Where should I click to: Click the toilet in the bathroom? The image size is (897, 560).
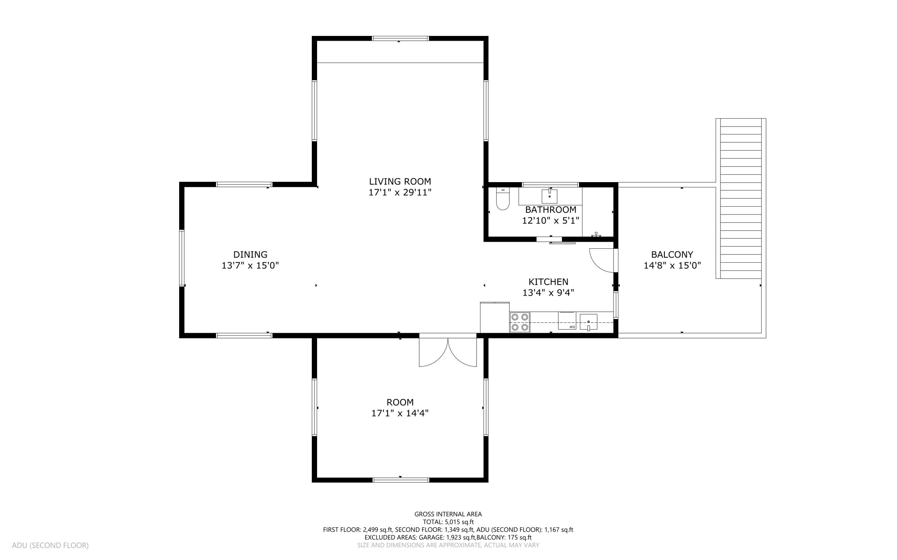click(x=502, y=200)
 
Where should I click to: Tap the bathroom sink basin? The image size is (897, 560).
click(x=549, y=196)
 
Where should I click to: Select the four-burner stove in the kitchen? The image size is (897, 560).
click(x=519, y=322)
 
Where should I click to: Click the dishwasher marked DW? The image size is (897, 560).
click(x=567, y=321)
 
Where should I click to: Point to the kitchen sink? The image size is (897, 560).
click(x=588, y=322)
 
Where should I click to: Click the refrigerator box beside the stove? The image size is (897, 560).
click(x=494, y=317)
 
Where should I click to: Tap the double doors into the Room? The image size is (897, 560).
click(x=448, y=351)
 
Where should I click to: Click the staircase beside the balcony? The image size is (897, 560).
click(x=741, y=198)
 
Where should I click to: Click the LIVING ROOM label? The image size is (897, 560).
click(x=399, y=181)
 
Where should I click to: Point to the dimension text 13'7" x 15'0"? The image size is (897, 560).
click(x=250, y=265)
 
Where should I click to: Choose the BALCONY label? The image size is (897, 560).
click(x=672, y=254)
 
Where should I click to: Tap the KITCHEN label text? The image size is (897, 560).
click(x=548, y=282)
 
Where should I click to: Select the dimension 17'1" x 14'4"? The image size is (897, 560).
click(x=399, y=413)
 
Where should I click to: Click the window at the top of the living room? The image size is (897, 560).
click(x=400, y=39)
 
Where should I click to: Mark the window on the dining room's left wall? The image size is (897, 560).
click(x=182, y=258)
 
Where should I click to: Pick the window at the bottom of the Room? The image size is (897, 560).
click(x=400, y=480)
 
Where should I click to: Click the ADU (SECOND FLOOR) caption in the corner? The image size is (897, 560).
click(x=50, y=545)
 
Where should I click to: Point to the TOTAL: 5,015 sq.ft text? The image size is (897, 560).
click(x=448, y=522)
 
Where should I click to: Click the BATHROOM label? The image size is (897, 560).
click(x=550, y=210)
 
